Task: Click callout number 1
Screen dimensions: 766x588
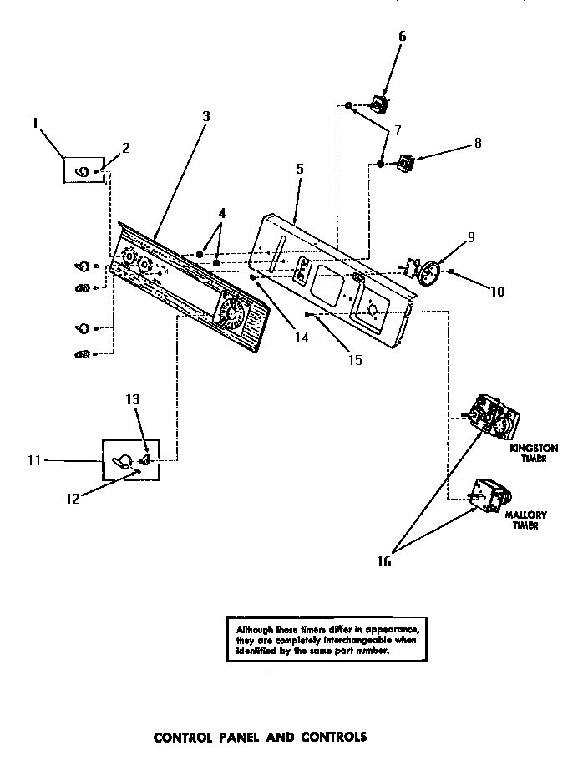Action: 36,123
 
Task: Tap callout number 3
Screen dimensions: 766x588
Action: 205,116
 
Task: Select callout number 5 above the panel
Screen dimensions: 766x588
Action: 299,169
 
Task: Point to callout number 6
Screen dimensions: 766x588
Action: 402,36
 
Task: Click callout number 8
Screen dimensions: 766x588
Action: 477,143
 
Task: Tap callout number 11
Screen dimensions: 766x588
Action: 33,459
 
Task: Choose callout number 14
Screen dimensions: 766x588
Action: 301,338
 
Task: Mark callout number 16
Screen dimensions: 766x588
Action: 383,561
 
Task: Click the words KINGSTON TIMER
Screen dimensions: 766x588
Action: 534,454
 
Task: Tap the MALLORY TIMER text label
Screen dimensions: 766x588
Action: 525,520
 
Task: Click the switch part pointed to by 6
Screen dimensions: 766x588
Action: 380,105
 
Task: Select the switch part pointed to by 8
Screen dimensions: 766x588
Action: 406,161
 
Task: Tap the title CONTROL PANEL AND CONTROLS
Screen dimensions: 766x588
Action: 260,738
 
